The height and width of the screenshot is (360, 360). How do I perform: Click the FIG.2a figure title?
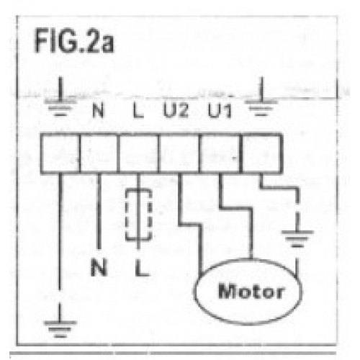(74, 40)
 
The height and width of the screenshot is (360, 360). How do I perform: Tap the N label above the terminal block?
(99, 111)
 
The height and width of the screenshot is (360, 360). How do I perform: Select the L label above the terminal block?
(138, 111)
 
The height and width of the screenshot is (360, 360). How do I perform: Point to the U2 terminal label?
(176, 110)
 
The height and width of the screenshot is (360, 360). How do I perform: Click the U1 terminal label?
(220, 111)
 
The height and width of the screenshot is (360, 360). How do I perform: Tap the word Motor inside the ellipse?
(251, 291)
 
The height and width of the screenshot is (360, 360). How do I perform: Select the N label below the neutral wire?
(99, 267)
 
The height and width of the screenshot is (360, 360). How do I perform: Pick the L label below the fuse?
(142, 268)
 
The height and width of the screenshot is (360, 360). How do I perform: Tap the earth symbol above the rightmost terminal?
(261, 102)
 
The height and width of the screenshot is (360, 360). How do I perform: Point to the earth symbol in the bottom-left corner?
(60, 323)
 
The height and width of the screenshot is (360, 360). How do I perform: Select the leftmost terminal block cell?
(60, 153)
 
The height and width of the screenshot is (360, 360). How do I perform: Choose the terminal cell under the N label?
(99, 153)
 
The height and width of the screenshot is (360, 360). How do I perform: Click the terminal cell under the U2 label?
(179, 153)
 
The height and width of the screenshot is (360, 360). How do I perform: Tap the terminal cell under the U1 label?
(220, 153)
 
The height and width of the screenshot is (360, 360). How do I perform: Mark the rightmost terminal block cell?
(261, 153)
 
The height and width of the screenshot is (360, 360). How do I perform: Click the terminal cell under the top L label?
(139, 153)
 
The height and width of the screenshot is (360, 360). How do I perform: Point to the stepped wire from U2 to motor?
(189, 225)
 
